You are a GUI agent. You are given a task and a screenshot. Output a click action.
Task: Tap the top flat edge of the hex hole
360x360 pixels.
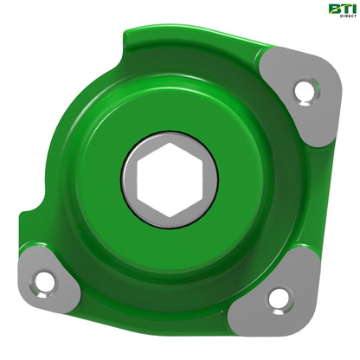[170, 152]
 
